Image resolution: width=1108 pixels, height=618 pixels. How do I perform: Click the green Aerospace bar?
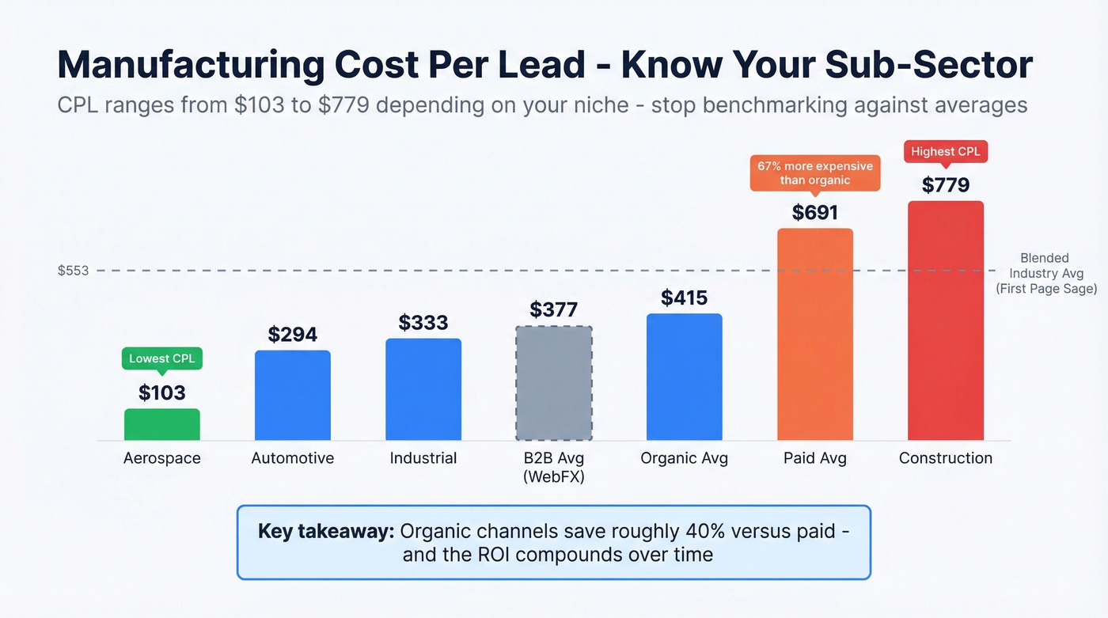click(162, 425)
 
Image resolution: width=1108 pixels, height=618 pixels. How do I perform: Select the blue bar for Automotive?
click(293, 396)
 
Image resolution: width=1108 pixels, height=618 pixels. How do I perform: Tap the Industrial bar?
click(423, 389)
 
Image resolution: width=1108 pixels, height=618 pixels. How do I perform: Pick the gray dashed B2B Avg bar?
click(554, 383)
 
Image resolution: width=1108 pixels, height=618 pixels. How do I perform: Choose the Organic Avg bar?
click(685, 377)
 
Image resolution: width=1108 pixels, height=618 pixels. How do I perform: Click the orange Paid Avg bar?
click(815, 334)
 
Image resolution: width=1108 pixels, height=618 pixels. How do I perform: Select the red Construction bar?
click(946, 320)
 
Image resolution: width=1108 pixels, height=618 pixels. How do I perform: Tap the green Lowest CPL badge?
click(161, 358)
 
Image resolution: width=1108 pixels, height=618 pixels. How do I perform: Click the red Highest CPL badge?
click(946, 151)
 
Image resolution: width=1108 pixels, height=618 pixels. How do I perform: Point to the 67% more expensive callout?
click(815, 173)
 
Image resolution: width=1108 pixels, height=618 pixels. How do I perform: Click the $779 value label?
click(946, 185)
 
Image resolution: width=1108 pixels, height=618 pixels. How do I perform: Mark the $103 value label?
click(162, 392)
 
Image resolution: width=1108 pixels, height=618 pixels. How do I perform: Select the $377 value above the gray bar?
click(554, 309)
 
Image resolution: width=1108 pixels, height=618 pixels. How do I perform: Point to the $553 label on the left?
click(73, 271)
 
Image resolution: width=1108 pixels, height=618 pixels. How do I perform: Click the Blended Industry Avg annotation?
click(1045, 274)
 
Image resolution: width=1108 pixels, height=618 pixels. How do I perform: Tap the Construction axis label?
click(946, 458)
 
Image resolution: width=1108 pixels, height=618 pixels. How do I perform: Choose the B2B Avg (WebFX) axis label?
click(554, 467)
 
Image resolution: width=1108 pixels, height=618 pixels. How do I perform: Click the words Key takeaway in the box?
click(326, 531)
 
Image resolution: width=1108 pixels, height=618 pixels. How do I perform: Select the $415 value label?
click(685, 298)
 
